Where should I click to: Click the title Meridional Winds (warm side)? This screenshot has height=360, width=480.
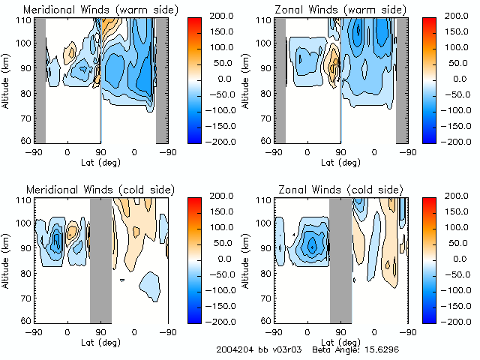pos(91,9)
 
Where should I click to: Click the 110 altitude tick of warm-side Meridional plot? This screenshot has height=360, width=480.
pos(24,19)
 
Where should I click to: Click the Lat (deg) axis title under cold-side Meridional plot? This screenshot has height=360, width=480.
pos(100,343)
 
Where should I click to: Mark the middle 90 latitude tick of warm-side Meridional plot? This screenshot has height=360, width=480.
pos(100,152)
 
